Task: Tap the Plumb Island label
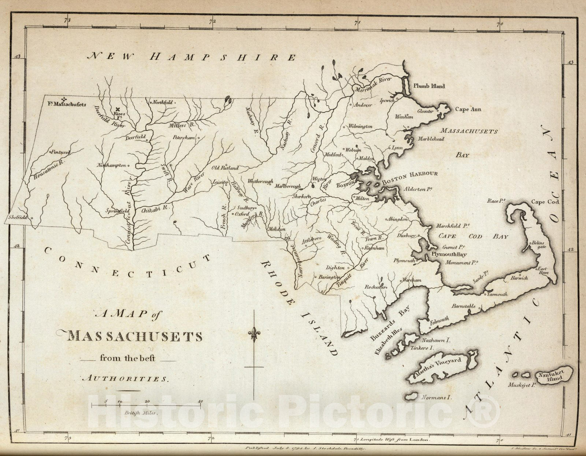429,86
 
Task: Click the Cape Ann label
468,109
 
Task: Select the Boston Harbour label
409,175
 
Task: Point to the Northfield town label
162,103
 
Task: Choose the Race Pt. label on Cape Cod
496,201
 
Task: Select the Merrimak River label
372,85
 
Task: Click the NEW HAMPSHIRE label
192,57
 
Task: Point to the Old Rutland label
225,168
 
